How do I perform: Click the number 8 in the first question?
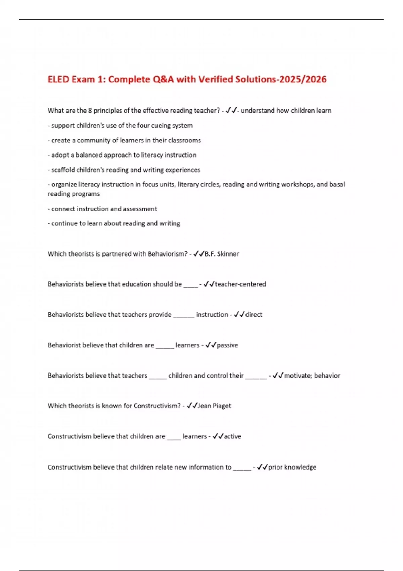[90, 111]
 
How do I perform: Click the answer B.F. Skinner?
[222, 254]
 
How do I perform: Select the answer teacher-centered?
[240, 284]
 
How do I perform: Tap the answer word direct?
[254, 315]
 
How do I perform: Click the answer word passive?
[227, 345]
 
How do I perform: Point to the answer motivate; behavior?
[312, 376]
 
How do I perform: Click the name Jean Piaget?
[214, 406]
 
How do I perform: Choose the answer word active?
[232, 436]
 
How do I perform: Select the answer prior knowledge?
[292, 467]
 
